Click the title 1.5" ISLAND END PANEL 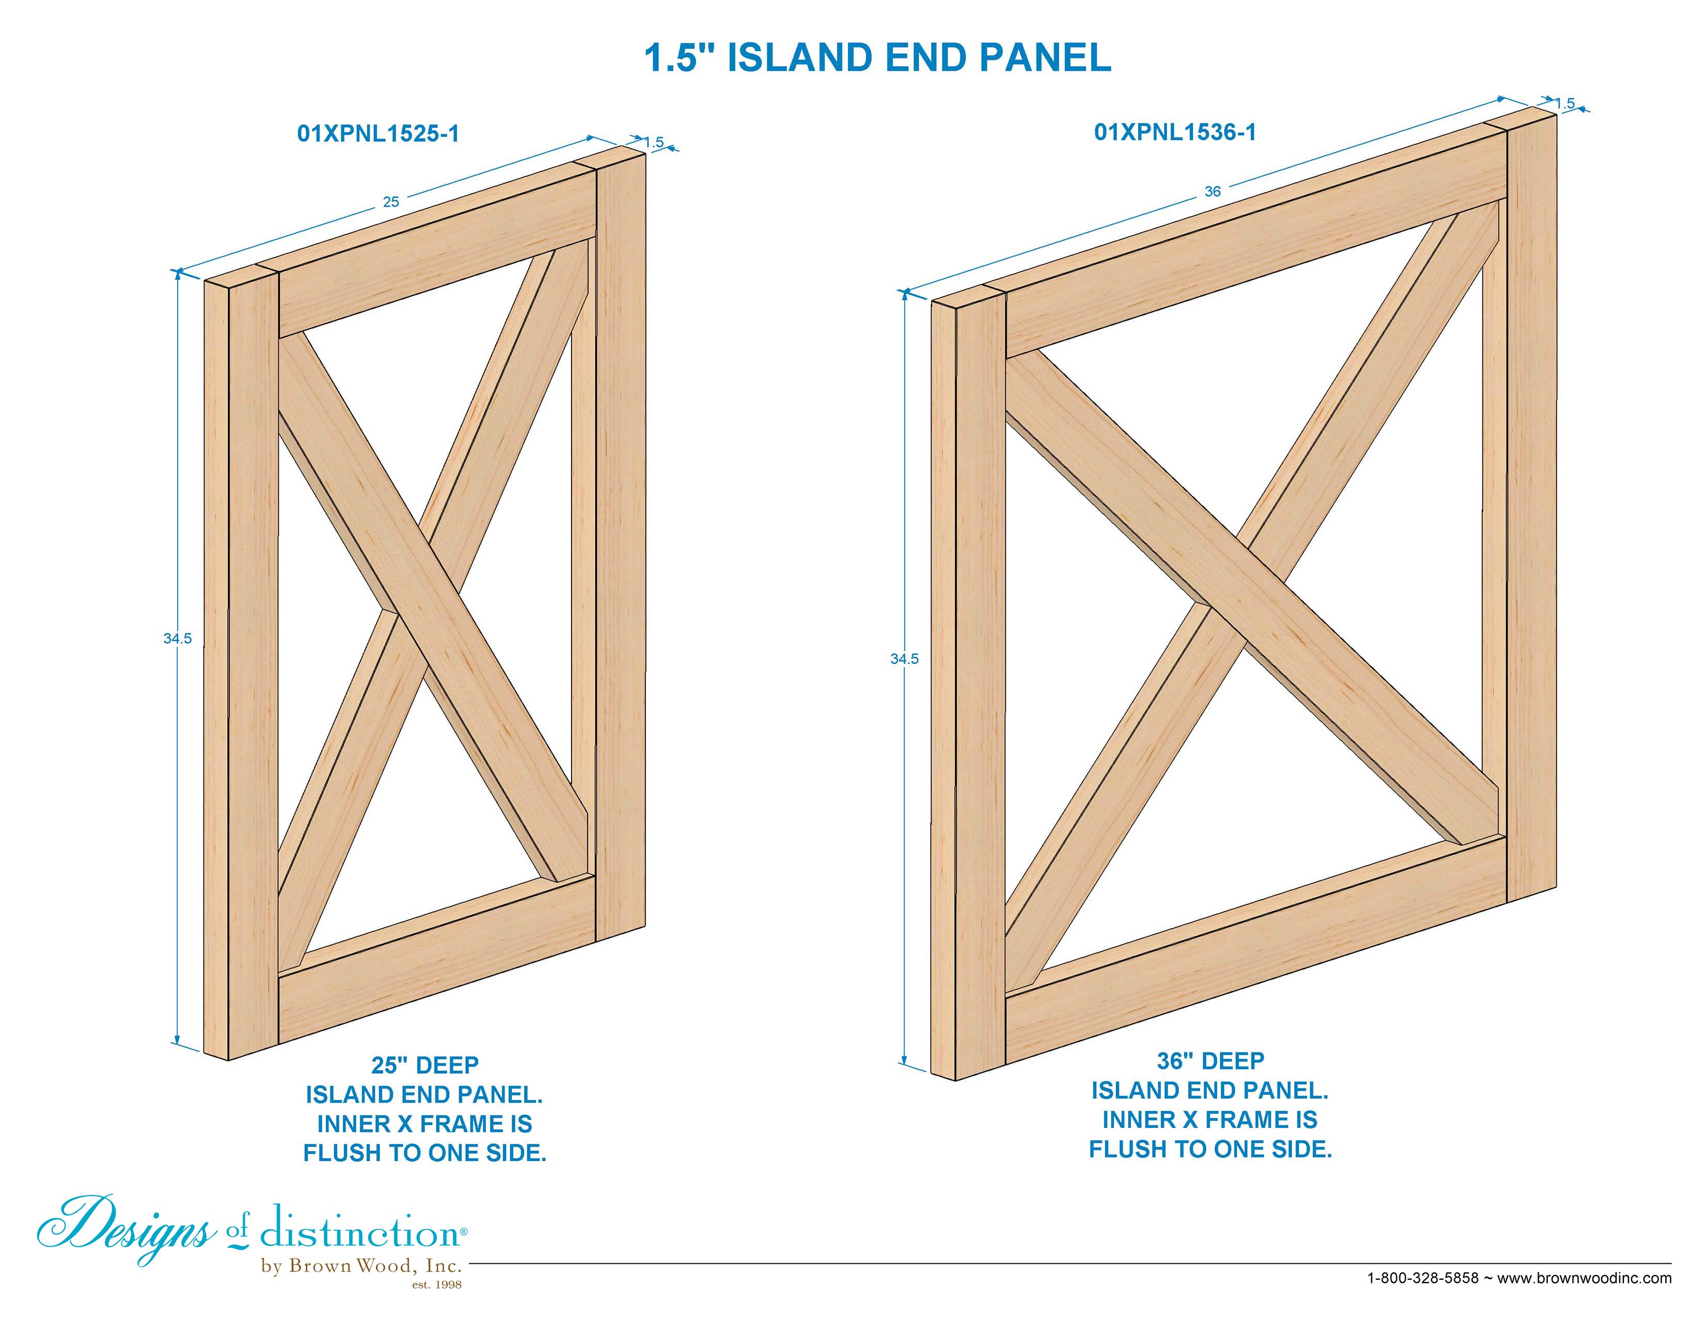878,58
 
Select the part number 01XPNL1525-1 378,133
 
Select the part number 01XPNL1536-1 1175,132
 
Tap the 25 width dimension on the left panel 391,202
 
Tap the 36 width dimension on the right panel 1212,191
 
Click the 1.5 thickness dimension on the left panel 654,142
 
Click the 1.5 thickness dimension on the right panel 1565,103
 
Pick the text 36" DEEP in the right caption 1210,1061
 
